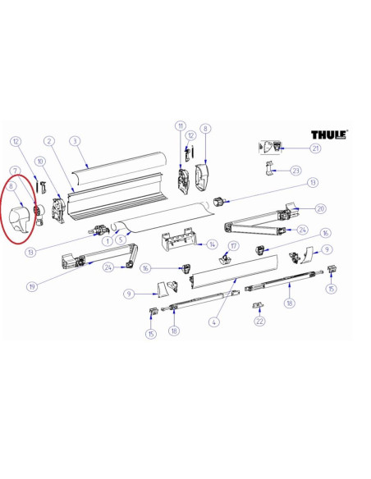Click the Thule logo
point(329,135)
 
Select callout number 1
point(108,241)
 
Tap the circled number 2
point(49,141)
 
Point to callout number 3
point(75,141)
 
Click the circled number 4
point(214,322)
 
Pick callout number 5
point(121,239)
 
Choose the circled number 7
point(15,171)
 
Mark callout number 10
point(40,162)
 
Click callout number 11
point(181,125)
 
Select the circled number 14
point(212,244)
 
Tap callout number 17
point(233,246)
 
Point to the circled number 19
point(32,286)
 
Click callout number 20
point(320,208)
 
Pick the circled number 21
point(315,148)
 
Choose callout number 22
point(259,321)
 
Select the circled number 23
point(295,171)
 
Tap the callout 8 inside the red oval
point(11,186)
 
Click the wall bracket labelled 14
point(180,239)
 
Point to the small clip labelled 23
point(268,168)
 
